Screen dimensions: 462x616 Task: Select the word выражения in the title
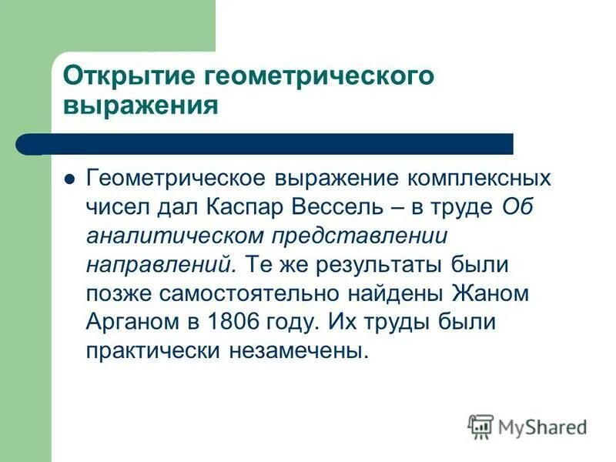click(140, 105)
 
